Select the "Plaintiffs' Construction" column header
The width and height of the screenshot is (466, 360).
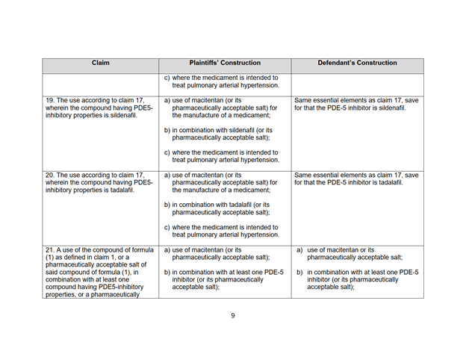point(225,63)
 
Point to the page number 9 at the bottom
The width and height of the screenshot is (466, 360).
point(232,315)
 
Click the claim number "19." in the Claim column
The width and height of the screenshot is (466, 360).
point(51,100)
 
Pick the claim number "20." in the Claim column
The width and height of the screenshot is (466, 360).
point(51,175)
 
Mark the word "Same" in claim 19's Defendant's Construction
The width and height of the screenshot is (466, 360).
point(306,100)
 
